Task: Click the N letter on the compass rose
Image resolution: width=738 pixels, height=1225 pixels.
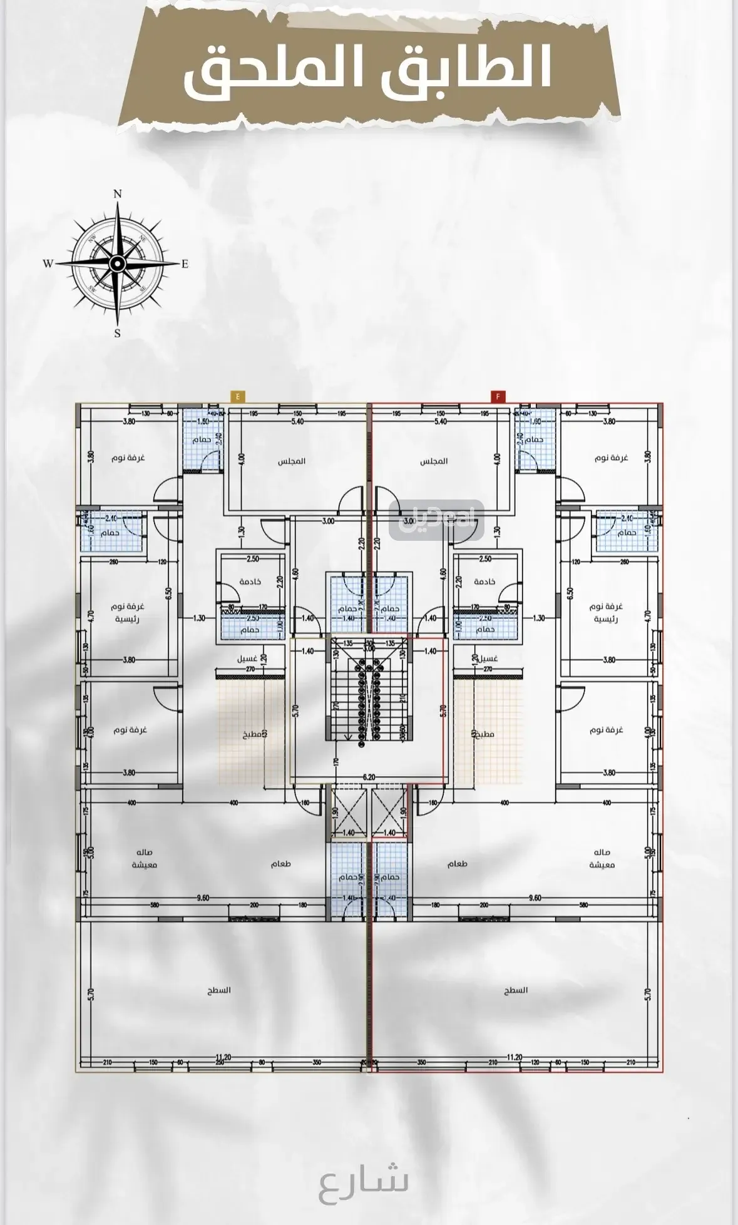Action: [117, 194]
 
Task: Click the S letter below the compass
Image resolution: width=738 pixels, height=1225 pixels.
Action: [117, 334]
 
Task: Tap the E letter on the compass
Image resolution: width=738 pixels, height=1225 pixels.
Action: [185, 264]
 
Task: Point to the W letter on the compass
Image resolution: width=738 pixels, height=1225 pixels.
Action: [48, 264]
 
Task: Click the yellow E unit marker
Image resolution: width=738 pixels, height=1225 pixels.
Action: [238, 396]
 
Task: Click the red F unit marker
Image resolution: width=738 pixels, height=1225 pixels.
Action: [498, 396]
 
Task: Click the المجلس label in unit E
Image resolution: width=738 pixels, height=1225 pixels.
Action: [292, 461]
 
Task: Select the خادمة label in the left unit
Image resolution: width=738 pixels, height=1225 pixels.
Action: [250, 582]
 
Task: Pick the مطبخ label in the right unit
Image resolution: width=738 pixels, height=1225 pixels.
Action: [482, 733]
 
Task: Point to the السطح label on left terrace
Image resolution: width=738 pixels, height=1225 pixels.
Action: [220, 990]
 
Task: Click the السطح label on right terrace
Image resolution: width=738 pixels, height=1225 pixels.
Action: [516, 990]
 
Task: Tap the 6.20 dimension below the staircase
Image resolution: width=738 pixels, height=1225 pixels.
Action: [368, 777]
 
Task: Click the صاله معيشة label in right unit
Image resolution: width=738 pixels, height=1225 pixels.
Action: [602, 858]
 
